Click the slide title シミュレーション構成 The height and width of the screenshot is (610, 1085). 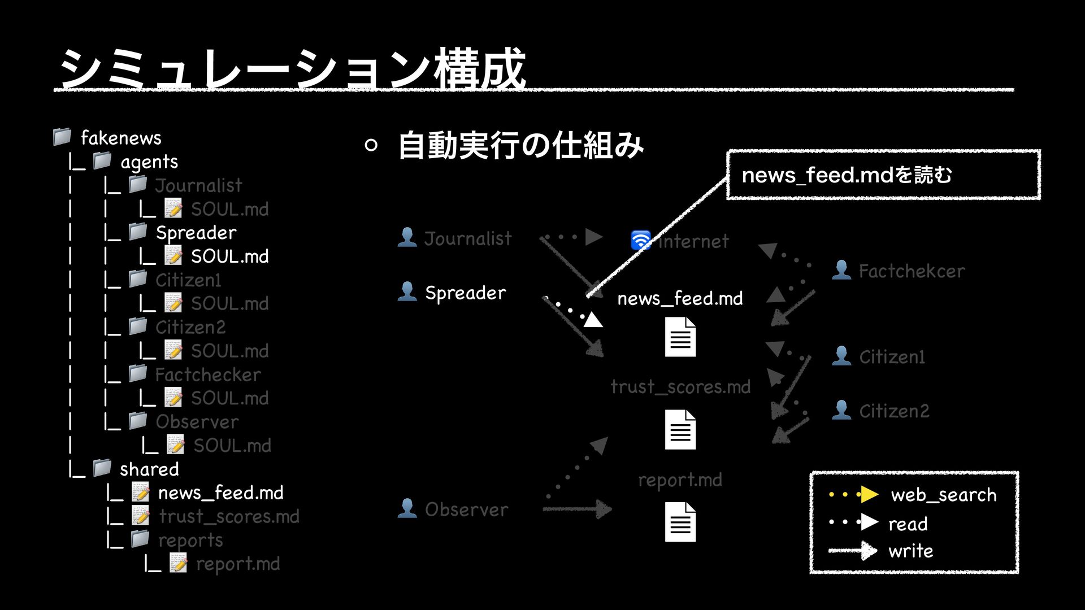point(292,70)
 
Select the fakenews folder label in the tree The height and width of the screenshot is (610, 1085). point(121,138)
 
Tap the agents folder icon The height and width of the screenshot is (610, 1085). point(102,161)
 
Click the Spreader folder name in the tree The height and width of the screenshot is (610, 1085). point(196,233)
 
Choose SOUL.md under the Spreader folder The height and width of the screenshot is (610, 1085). point(229,256)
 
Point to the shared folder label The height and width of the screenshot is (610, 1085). point(149,469)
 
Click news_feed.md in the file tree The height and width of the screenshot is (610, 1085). point(220,493)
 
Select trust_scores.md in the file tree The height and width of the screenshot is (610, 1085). point(229,516)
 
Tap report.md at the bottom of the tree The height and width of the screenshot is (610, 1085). point(237,564)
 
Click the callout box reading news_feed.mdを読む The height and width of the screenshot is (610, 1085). point(883,175)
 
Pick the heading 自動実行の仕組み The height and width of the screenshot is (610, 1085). point(520,146)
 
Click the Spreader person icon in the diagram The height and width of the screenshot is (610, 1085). point(407,292)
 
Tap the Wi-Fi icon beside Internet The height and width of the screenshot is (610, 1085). point(641,241)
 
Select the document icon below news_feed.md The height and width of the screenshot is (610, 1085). point(680,337)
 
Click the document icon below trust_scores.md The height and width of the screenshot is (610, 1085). point(680,430)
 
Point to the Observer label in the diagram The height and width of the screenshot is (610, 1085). point(466,509)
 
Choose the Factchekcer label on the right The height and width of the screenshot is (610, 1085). point(912,271)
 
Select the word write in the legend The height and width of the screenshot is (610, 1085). point(910,551)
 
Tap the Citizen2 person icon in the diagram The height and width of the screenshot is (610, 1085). point(841,410)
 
